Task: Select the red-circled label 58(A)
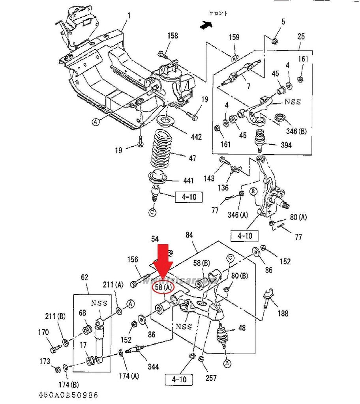163,288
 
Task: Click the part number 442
196,137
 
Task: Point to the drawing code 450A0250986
68,395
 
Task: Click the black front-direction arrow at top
206,25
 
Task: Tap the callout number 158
172,36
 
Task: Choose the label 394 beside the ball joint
286,145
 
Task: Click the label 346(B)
296,131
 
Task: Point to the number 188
283,313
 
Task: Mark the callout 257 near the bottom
211,378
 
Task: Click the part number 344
153,367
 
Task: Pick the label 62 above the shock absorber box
85,277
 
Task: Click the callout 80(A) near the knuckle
298,217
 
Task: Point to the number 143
209,178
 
